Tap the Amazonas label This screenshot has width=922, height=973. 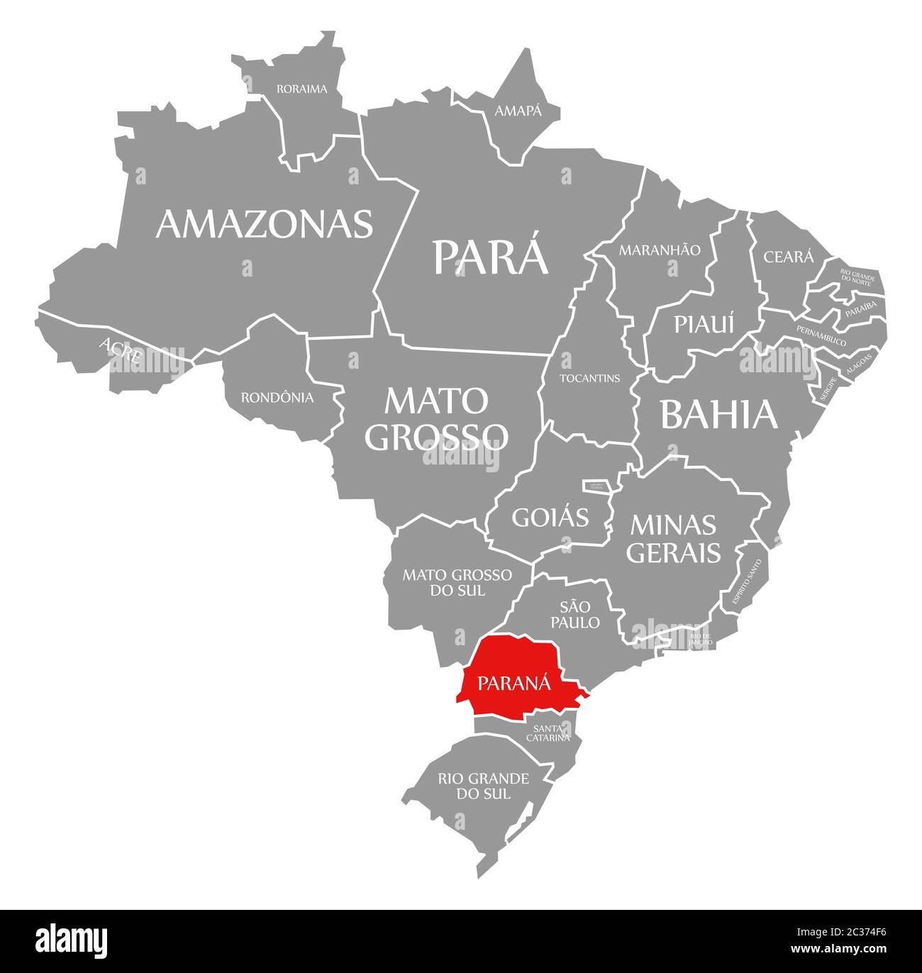tap(264, 223)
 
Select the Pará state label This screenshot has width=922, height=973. tap(491, 256)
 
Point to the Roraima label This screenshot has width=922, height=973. tap(301, 89)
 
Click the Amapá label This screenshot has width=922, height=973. tap(518, 111)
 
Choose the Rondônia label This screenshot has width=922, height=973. tap(277, 398)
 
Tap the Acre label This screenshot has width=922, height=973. tap(121, 350)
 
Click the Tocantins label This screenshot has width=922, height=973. tap(589, 378)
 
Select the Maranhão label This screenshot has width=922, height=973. tap(660, 250)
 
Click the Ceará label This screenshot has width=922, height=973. tap(788, 257)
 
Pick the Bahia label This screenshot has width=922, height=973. tap(719, 415)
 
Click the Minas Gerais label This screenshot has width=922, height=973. tap(672, 538)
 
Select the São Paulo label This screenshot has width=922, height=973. tap(579, 614)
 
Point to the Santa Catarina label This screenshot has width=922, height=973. tap(548, 733)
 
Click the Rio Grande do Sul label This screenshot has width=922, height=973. tap(483, 786)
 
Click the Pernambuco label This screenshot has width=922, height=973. tap(821, 335)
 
